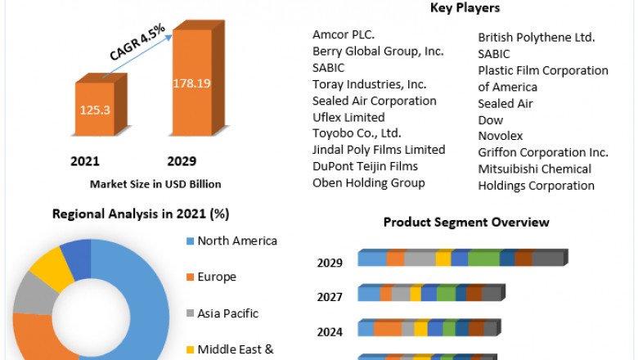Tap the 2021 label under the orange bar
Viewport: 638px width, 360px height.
tap(85, 160)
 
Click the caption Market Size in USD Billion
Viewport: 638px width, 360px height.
tap(155, 183)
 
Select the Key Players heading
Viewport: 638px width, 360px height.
tap(465, 8)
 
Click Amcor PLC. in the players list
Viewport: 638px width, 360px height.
tap(343, 34)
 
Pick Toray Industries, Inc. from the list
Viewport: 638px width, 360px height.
tap(369, 83)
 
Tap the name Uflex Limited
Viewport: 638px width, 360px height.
tap(348, 117)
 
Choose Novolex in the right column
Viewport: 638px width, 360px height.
tap(501, 136)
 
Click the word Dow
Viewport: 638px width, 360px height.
tap(490, 119)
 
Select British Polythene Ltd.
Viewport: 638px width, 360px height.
tap(536, 37)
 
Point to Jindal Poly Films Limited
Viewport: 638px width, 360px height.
tap(379, 150)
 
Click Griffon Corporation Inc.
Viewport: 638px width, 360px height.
tap(543, 152)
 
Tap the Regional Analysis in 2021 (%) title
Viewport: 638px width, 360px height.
tap(141, 214)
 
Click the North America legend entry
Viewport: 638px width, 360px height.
tap(236, 241)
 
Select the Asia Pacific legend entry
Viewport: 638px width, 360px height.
tap(227, 313)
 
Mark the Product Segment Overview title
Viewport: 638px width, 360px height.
tap(466, 222)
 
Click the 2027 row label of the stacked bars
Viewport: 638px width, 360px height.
tap(330, 297)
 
